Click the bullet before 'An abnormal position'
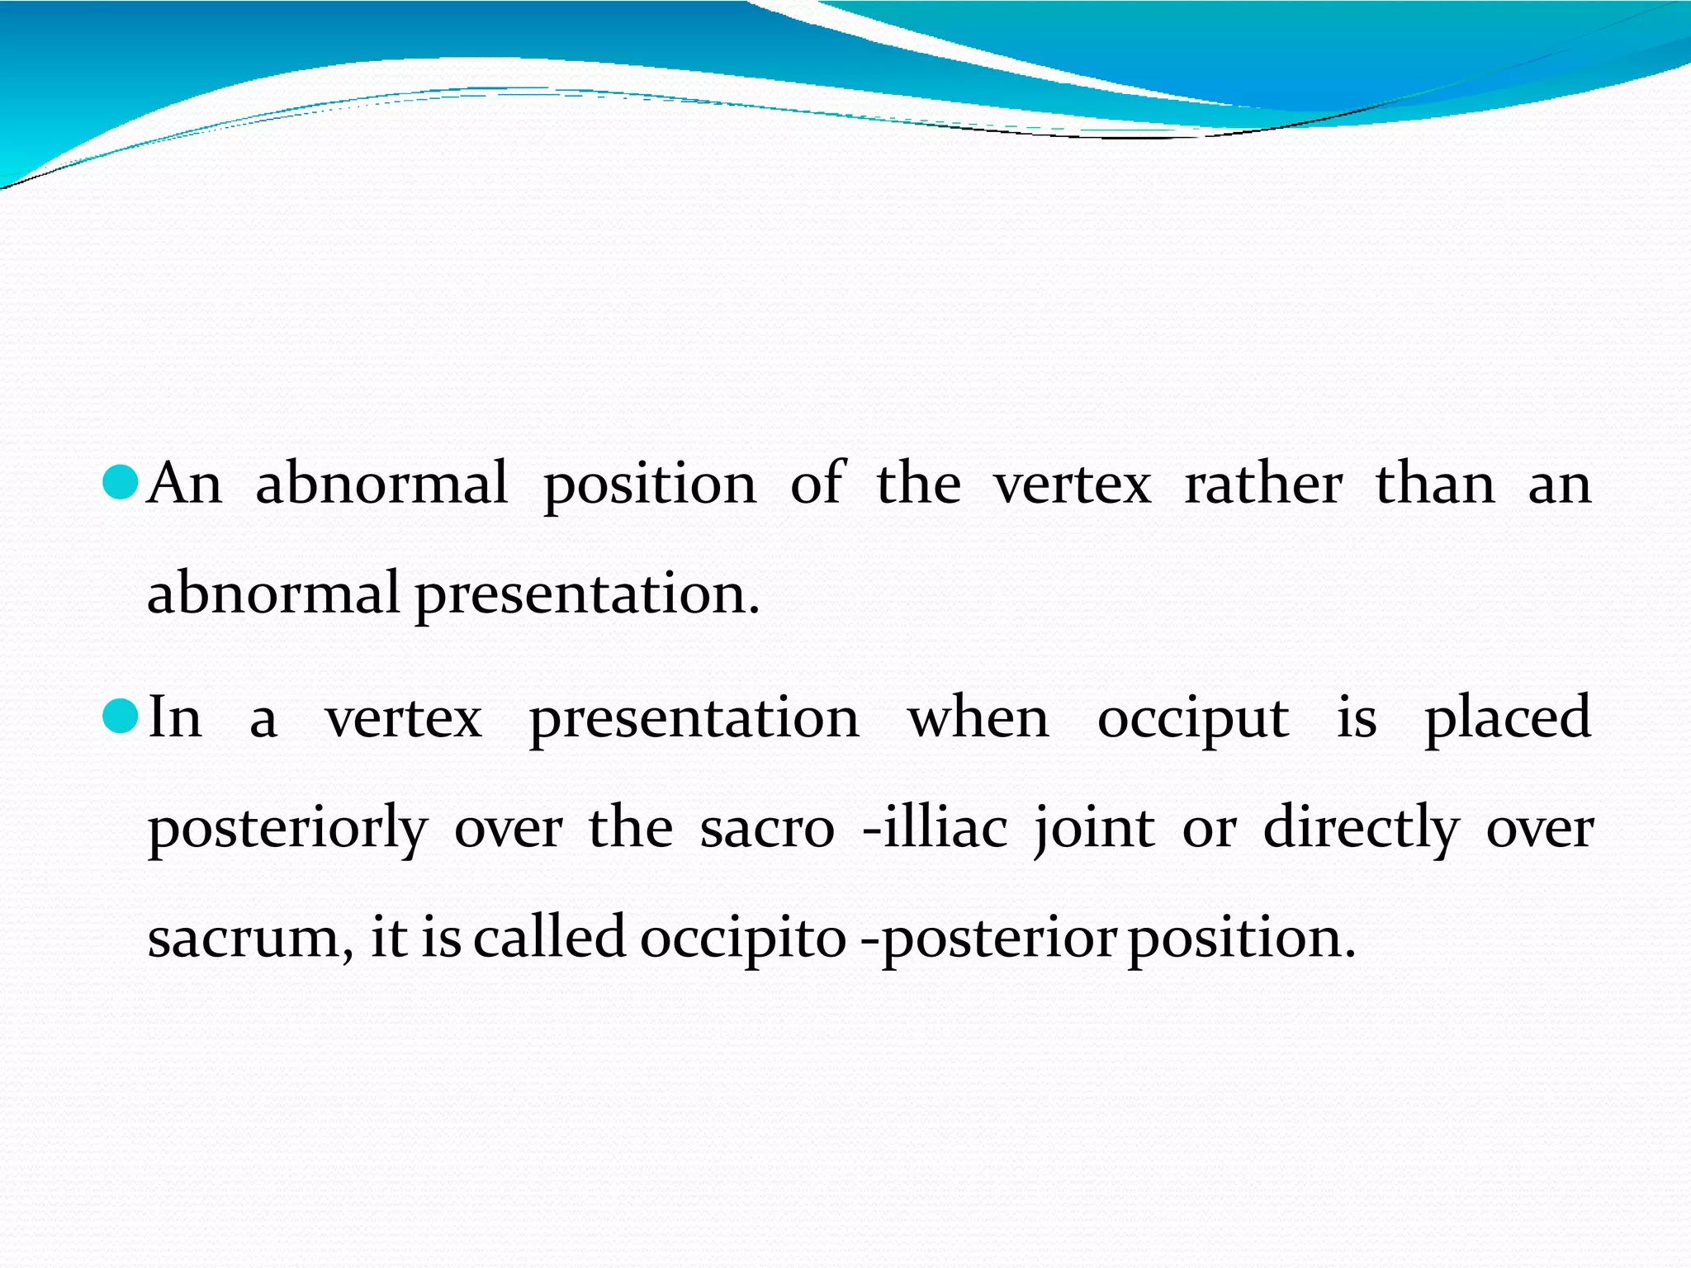point(121,481)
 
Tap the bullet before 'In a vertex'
point(121,716)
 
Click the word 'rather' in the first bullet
point(1263,484)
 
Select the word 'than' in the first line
point(1435,484)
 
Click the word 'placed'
point(1508,718)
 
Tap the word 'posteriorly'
point(287,829)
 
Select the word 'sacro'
point(767,829)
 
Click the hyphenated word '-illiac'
point(935,827)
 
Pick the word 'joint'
point(1094,829)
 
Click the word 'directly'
point(1361,829)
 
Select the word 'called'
point(549,938)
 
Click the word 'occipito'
point(743,939)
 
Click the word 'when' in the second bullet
point(978,718)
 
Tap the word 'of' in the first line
point(817,484)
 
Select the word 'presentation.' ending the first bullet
point(586,594)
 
